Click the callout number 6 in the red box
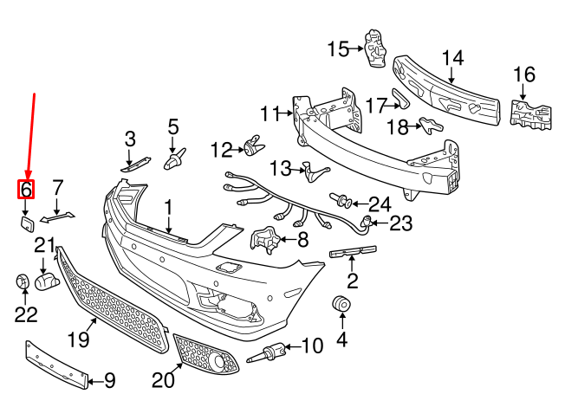tap(26, 189)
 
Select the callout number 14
tap(452, 59)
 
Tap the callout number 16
tap(523, 75)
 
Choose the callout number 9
tap(109, 379)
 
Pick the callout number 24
tap(380, 204)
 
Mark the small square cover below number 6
tap(25, 224)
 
